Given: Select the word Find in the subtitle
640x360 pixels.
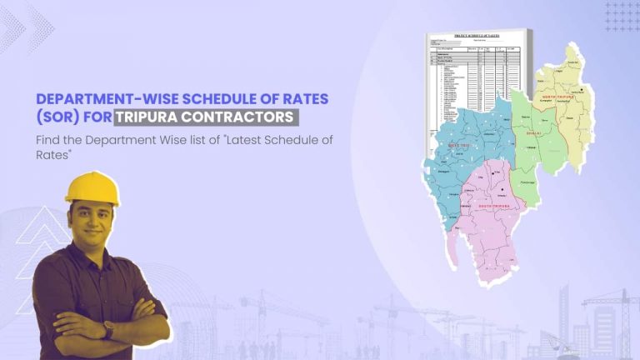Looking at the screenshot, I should pos(47,139).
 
